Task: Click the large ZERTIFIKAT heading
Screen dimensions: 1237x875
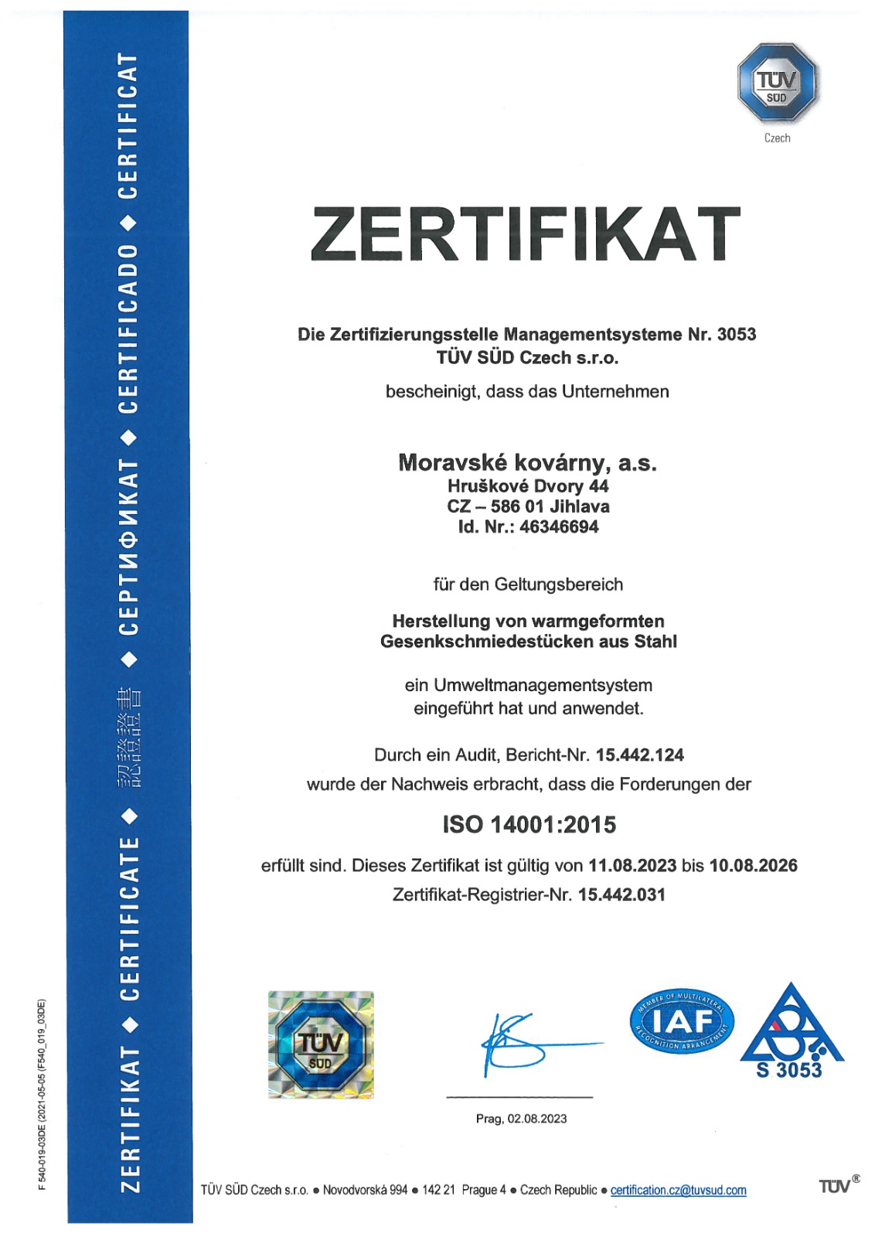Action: pos(526,233)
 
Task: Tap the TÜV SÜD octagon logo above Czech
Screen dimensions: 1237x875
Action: pos(778,83)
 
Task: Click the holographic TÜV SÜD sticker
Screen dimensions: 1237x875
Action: pos(321,1044)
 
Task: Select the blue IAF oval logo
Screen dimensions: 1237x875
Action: pos(682,1021)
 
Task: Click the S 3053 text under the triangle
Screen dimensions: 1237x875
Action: pos(789,1071)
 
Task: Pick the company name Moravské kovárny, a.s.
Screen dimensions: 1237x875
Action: pos(527,462)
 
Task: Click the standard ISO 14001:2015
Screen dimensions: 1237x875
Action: pos(529,825)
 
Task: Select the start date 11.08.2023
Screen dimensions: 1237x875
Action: pos(632,866)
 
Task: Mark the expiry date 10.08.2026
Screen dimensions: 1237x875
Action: pos(754,866)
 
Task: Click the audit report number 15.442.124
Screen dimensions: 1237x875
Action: pos(640,755)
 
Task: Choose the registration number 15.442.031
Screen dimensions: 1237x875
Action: pos(621,895)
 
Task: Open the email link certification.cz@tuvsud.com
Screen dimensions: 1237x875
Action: pos(679,1191)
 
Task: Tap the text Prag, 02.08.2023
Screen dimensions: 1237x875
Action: pos(521,1119)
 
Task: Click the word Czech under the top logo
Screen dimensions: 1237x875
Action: pos(777,138)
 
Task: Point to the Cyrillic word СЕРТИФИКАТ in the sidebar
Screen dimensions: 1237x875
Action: pos(128,547)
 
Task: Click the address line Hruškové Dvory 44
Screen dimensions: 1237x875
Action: pos(528,486)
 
